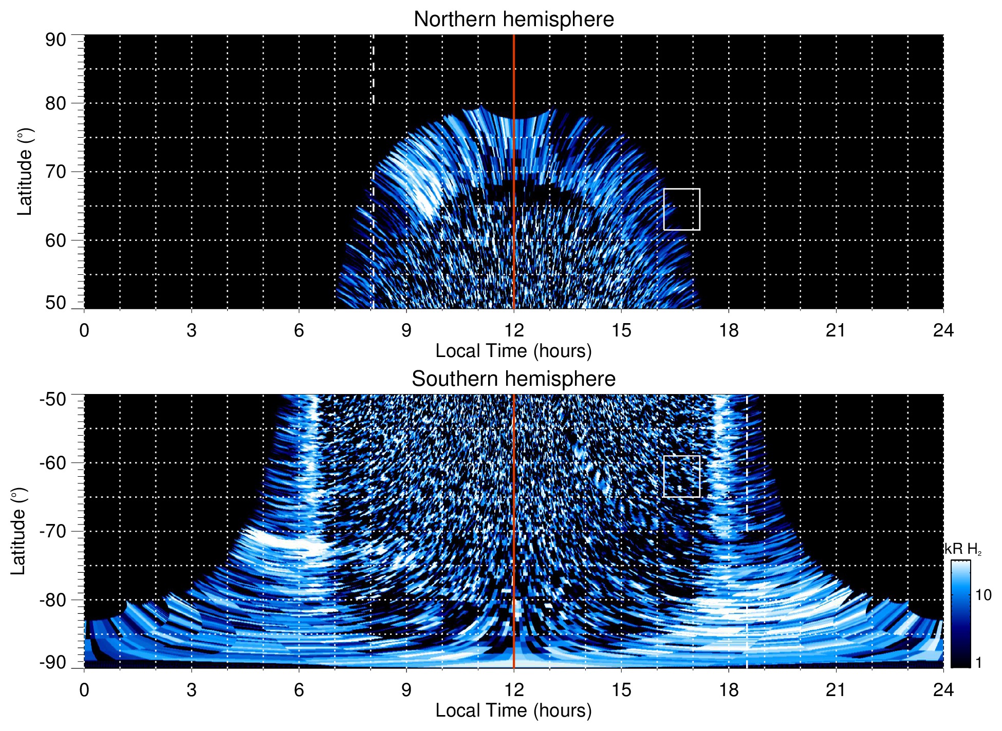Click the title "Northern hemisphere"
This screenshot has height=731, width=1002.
click(513, 20)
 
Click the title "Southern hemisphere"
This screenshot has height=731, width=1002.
click(513, 379)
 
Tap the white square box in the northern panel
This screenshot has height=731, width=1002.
click(681, 209)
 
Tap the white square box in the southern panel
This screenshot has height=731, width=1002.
click(681, 476)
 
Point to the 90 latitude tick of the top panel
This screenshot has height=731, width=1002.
click(55, 40)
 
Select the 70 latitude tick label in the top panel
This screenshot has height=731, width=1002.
click(55, 172)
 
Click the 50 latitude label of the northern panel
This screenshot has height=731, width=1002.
click(55, 303)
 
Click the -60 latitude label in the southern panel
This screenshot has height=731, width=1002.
click(53, 462)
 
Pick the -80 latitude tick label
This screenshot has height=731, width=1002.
click(53, 599)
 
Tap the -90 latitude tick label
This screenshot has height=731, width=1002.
click(53, 663)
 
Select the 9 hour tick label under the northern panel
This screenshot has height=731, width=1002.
click(406, 330)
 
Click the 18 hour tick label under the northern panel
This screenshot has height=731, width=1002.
click(729, 330)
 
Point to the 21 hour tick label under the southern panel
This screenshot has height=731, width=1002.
click(836, 690)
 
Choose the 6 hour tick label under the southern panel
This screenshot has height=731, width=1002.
click(299, 690)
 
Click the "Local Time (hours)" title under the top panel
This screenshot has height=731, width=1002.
click(513, 351)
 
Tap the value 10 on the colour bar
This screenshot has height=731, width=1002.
click(983, 595)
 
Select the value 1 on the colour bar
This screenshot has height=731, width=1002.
click(978, 663)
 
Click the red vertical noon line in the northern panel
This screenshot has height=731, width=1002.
click(514, 154)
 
